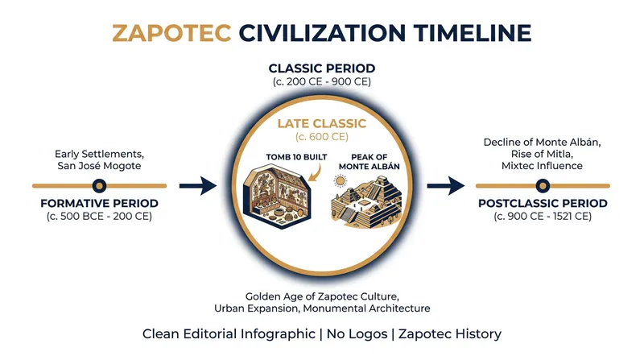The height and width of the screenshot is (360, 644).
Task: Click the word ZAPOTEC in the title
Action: [171, 33]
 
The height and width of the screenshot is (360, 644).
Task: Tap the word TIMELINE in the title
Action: [473, 33]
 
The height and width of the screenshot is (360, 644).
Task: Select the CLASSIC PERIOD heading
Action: [322, 68]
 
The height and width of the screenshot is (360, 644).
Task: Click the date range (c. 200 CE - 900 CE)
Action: [322, 82]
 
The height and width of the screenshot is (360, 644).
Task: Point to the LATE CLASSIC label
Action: [322, 123]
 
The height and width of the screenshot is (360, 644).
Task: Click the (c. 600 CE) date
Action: [322, 136]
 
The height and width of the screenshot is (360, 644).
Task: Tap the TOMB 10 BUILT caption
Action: [296, 157]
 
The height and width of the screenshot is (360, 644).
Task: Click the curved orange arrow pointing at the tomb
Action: [314, 172]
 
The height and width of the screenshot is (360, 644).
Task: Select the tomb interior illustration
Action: [277, 196]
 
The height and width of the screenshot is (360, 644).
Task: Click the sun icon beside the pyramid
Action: [340, 181]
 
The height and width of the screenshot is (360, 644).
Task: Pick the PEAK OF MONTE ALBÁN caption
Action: [369, 162]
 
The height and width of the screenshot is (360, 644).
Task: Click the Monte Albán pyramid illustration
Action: [366, 203]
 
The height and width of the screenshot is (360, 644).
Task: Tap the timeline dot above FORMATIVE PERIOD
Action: [99, 186]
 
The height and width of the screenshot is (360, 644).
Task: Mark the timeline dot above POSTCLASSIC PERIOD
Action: [543, 186]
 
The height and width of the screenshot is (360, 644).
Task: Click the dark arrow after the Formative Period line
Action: [198, 186]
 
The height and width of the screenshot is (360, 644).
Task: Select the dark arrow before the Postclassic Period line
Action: [446, 186]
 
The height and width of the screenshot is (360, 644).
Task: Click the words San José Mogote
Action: [99, 166]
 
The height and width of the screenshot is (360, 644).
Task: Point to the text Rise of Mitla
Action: [541, 154]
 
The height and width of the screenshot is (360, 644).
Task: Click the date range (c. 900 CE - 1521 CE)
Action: [543, 217]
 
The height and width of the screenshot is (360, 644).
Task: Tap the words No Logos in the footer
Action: [357, 333]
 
